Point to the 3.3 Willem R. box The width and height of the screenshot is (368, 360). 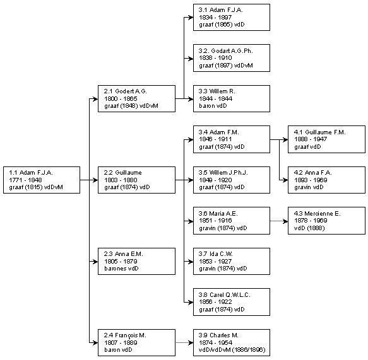[x=232, y=99]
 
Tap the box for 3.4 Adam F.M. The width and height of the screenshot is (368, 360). [x=232, y=139]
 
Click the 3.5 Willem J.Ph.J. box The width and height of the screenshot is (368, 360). [x=232, y=180]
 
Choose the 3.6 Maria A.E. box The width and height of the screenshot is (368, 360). [x=232, y=221]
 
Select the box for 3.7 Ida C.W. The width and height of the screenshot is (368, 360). [x=232, y=261]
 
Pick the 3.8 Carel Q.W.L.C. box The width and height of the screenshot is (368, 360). [x=232, y=302]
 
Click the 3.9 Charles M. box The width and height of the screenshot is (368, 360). [x=232, y=342]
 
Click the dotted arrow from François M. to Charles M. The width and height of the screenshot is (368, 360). [x=184, y=342]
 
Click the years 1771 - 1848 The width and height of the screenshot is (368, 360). [x=25, y=180]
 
